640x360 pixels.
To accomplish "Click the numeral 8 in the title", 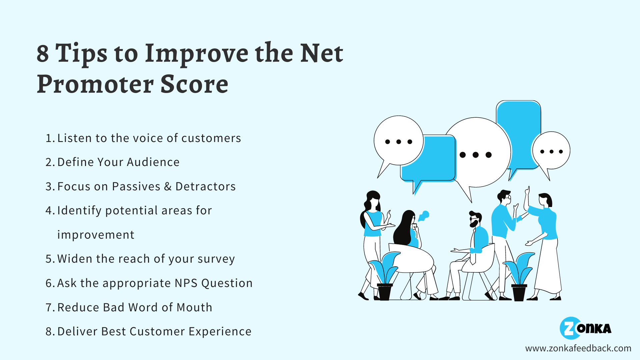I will [43, 53].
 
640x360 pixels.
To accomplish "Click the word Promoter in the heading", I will [95, 84].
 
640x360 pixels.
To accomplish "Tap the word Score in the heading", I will [194, 84].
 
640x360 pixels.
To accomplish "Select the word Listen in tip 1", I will [74, 138].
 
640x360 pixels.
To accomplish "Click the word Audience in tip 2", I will [153, 162].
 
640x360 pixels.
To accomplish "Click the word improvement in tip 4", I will [96, 235].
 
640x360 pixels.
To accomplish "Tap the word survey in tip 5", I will [216, 259].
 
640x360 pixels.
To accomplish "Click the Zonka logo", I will [585, 328].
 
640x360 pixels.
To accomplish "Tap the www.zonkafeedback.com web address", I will [578, 348].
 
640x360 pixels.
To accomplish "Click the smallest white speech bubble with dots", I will [551, 151].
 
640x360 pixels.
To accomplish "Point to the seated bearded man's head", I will [475, 219].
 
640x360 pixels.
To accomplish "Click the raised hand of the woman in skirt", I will [527, 191].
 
